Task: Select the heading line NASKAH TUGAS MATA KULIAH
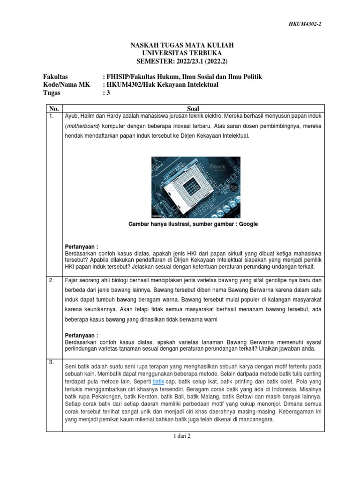(181, 45)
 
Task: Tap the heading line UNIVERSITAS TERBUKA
(181, 53)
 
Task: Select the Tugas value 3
(107, 93)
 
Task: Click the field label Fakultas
(55, 76)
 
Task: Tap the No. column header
(53, 108)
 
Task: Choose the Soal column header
(193, 108)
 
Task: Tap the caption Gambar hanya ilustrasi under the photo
(193, 224)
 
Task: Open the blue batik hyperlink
(159, 382)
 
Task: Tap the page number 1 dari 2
(181, 436)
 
